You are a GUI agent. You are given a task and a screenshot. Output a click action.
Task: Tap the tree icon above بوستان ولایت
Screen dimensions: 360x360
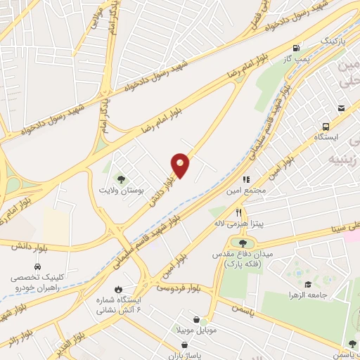(120, 179)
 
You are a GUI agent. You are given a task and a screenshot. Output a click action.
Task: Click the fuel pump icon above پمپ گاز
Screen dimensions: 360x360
(297, 49)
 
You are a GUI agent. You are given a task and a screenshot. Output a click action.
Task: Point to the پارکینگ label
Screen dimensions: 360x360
(315, 42)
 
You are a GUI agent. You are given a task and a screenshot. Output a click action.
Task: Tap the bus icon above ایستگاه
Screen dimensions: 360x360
(325, 127)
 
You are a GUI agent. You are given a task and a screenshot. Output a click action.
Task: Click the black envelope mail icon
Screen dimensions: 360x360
(341, 108)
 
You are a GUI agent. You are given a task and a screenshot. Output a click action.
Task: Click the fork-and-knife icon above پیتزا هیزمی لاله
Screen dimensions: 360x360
(239, 212)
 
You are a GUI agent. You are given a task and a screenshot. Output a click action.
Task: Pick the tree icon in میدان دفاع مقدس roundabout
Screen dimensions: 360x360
(243, 243)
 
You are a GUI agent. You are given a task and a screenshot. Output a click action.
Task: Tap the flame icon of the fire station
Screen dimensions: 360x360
(118, 290)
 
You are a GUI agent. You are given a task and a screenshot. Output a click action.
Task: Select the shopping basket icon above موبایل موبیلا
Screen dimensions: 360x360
(206, 319)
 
